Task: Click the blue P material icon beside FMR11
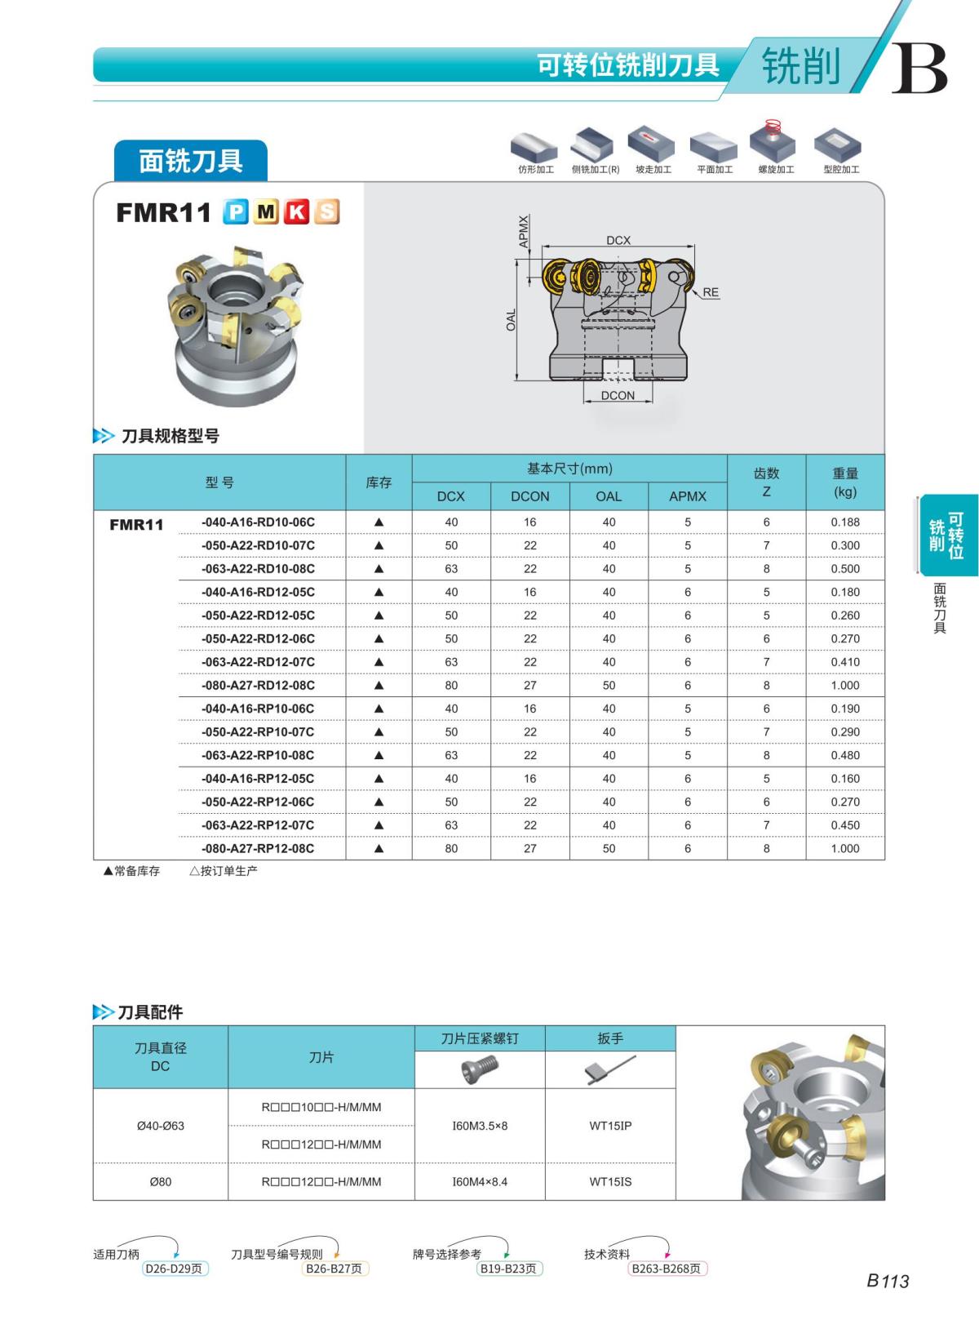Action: (x=236, y=212)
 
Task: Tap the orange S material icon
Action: (x=326, y=212)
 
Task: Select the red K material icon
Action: (x=297, y=212)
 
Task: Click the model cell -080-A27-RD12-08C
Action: (x=258, y=686)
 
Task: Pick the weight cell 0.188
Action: (x=845, y=522)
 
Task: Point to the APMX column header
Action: (x=688, y=496)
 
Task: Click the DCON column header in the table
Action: (x=530, y=496)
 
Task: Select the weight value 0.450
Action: (x=845, y=825)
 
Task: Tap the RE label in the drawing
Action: (x=711, y=292)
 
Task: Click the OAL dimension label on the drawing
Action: (x=512, y=320)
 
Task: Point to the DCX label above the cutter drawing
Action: (x=618, y=240)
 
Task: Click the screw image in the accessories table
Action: (x=480, y=1069)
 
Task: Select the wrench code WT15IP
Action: (x=610, y=1126)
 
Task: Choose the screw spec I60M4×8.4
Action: (x=480, y=1182)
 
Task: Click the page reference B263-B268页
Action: (x=667, y=1269)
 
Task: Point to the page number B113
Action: (x=888, y=1282)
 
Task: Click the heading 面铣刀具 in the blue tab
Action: (x=191, y=161)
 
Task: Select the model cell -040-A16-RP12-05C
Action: (x=258, y=779)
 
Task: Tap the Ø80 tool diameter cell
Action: (x=160, y=1182)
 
